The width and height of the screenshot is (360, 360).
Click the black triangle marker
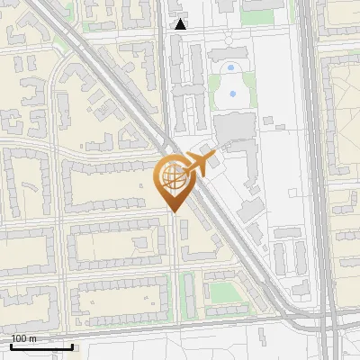click(181, 24)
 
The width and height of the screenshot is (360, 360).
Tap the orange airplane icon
click(198, 165)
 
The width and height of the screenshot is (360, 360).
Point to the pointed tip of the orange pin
click(173, 212)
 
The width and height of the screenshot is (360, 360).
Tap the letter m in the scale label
click(33, 338)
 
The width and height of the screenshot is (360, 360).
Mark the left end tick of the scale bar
click(11, 346)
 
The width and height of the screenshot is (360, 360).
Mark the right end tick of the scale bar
click(72, 346)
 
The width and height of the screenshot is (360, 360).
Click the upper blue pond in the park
click(231, 67)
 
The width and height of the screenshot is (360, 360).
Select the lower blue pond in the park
click(233, 94)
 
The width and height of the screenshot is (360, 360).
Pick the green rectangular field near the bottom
click(220, 291)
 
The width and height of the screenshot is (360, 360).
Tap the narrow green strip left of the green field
click(187, 292)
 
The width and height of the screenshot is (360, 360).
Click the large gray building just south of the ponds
click(235, 127)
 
